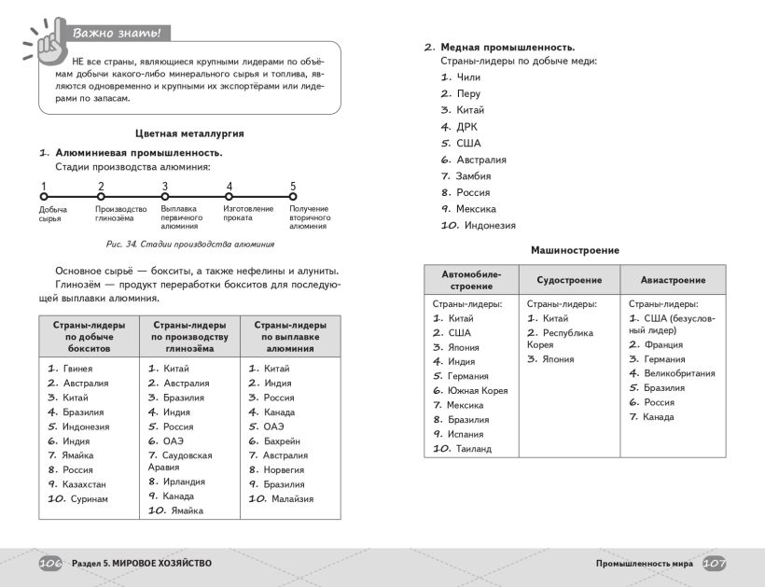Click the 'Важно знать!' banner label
point(118,34)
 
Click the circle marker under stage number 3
point(164,197)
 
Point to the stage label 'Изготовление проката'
point(248,214)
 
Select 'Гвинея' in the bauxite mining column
point(77,369)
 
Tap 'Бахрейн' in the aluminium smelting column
point(284,440)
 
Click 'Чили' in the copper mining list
point(468,77)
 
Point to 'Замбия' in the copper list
point(473,176)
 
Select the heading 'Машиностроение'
point(575,250)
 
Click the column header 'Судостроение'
point(569,280)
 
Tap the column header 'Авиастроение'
point(673,280)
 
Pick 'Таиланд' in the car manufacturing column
point(472,449)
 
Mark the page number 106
point(50,564)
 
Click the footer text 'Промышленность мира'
point(643,564)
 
